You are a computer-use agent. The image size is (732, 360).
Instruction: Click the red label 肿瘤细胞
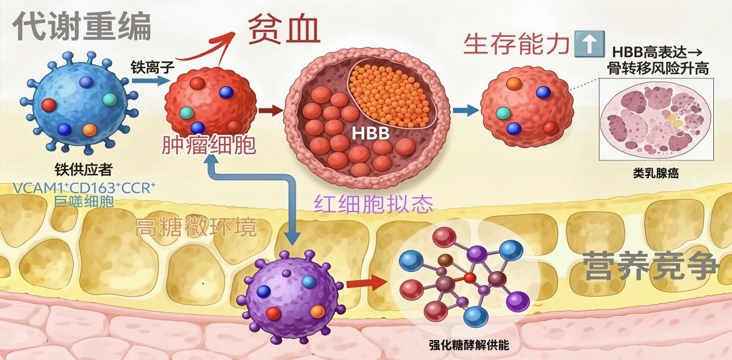point(209,146)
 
